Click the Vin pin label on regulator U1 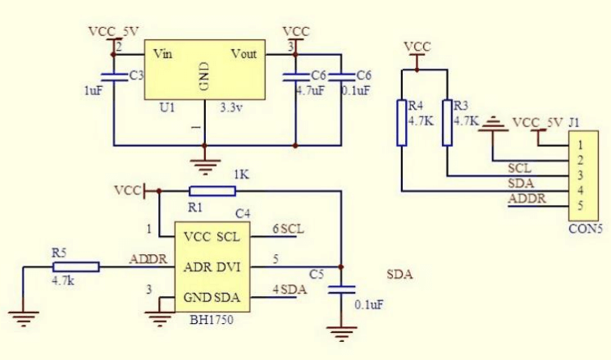163,54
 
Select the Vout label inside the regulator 244,54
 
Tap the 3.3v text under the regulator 233,107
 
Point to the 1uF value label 93,91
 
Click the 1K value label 241,175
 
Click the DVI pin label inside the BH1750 227,267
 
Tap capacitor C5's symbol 340,289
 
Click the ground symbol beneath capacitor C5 340,332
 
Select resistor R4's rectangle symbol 402,122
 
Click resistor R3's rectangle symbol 447,122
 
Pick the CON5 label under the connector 585,229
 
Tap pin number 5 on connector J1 580,205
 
